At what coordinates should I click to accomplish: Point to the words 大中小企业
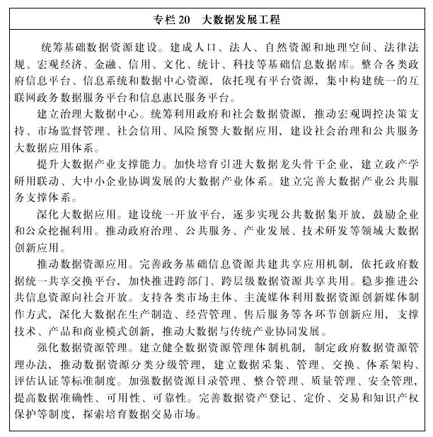[119, 180]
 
